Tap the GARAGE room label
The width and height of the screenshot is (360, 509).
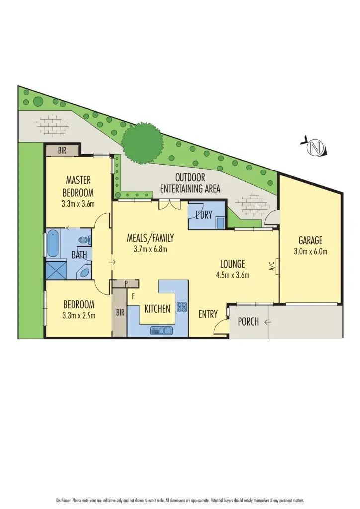[x=310, y=241]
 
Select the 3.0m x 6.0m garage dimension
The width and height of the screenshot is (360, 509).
[x=310, y=251]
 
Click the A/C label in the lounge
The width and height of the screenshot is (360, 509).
[x=271, y=266]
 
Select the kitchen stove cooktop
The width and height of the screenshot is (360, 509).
[x=181, y=307]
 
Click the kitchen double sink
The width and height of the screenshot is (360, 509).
[x=161, y=329]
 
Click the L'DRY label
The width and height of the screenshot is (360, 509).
[x=204, y=215]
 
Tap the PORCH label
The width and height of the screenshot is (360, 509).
[x=248, y=322]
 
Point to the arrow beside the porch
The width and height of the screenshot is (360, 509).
[x=268, y=322]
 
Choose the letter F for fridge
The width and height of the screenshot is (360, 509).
[x=133, y=295]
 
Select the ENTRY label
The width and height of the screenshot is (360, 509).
[x=208, y=314]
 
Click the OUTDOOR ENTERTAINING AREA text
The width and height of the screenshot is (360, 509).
[x=190, y=183]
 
